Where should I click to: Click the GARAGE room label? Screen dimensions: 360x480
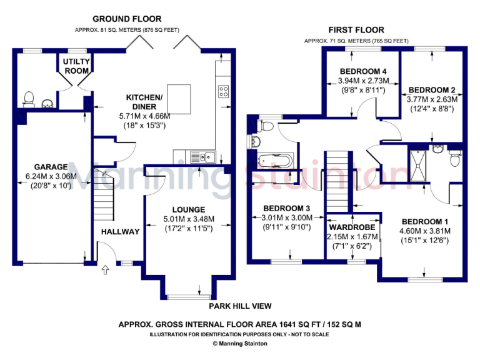[x=51, y=167]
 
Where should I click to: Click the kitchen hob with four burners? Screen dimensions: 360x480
[x=223, y=92]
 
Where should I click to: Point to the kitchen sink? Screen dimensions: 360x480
[x=203, y=156]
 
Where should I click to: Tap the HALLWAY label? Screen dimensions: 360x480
[x=121, y=232]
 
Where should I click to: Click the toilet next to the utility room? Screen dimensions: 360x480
[x=27, y=98]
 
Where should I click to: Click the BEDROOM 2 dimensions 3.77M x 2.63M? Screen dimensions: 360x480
[x=432, y=99]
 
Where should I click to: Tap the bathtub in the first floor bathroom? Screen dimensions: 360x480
[x=276, y=162]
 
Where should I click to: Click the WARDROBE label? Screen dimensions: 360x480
[x=353, y=227]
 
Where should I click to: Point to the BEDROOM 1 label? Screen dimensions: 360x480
[x=425, y=222]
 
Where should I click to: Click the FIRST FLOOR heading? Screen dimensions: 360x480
[x=356, y=30]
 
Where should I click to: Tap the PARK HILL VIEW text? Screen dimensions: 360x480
[x=241, y=306]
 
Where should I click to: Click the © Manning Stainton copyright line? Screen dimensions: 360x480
[x=240, y=343]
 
